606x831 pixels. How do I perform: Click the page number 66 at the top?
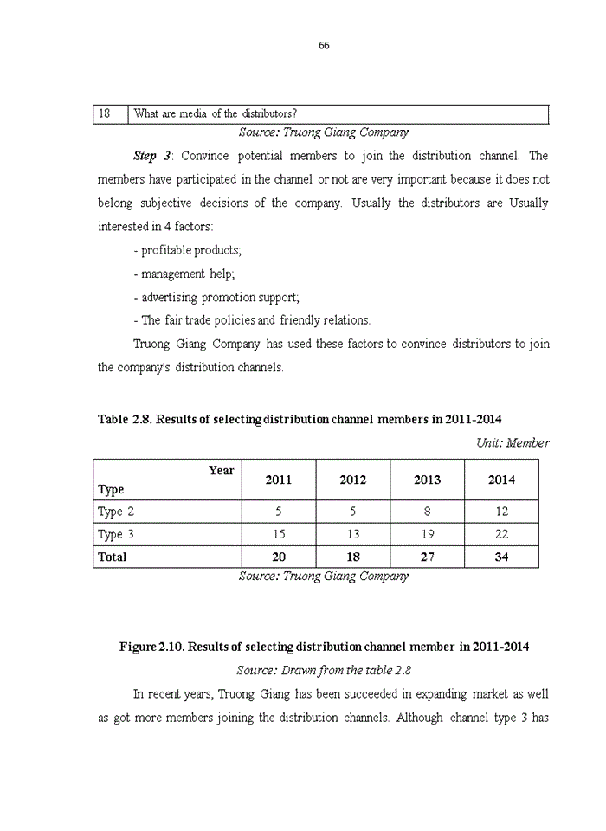coord(324,46)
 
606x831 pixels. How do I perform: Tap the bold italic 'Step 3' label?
coord(152,157)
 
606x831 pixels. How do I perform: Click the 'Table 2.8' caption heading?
coord(300,420)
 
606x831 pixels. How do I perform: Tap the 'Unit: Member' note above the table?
coord(512,442)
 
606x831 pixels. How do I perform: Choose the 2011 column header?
coord(279,480)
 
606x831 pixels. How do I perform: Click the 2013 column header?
coord(427,480)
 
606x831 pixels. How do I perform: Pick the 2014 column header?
coord(501,480)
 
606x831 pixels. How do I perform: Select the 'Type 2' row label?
coord(116,512)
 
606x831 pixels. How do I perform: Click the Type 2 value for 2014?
coord(501,512)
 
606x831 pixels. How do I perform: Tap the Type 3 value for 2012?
coord(352,534)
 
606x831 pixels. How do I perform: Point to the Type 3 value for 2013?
coord(427,534)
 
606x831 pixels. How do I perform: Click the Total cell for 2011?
coord(279,557)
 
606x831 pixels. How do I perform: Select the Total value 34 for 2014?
coord(501,557)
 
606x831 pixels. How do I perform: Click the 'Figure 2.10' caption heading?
coord(324,647)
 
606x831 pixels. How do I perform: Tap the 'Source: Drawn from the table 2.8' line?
coord(324,670)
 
